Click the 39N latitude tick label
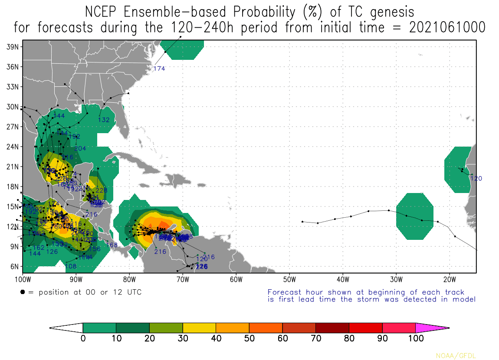pos(12,46)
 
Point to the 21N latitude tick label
pos(12,167)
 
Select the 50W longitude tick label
pos(289,278)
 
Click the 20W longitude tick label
pos(450,278)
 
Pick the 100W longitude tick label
pos(23,278)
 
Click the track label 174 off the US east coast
pos(159,69)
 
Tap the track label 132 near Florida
pos(104,120)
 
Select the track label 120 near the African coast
pos(476,178)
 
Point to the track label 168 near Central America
pos(112,245)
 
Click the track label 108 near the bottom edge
pos(70,266)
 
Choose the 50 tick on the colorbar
pos(249,339)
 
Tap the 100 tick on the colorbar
pos(416,339)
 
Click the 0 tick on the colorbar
pos(83,339)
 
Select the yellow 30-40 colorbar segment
pos(199,328)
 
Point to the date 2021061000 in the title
pos(447,27)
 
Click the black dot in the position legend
pos(22,292)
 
